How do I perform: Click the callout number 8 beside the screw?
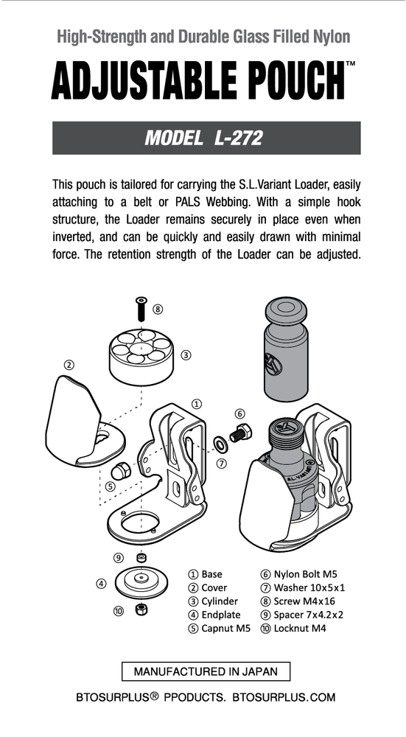click(x=158, y=309)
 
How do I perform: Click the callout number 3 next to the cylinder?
click(x=186, y=354)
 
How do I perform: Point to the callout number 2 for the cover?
click(x=69, y=364)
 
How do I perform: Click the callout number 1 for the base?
click(x=197, y=404)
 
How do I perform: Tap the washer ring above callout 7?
click(x=220, y=444)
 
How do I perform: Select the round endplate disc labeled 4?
click(x=140, y=581)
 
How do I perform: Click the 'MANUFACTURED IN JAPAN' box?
click(x=206, y=671)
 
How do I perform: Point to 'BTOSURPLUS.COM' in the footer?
click(x=284, y=697)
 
